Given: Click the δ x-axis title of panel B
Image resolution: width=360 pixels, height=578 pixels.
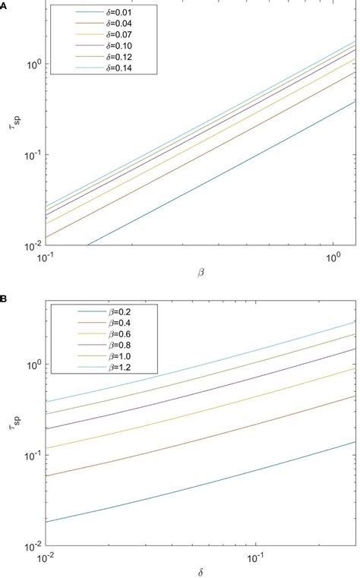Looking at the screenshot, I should coord(201,570).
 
